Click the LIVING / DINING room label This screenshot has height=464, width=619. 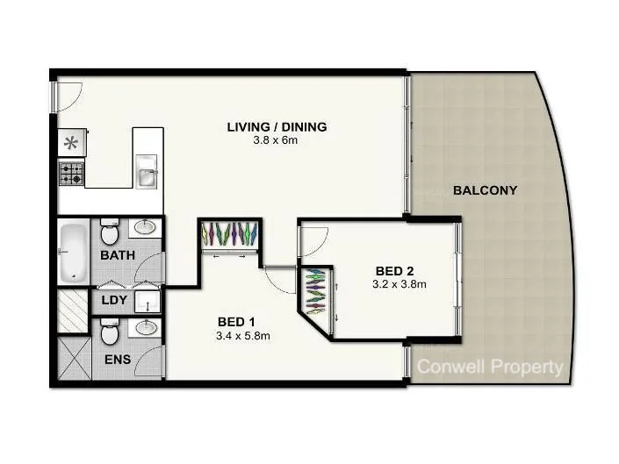point(277,127)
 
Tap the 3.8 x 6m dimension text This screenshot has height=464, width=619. point(277,140)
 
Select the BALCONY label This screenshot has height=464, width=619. point(485,189)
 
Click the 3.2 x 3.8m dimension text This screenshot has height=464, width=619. point(399,284)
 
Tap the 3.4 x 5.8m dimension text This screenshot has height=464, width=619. point(242,335)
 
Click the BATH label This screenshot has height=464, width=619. point(117,256)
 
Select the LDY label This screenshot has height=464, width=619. point(113,302)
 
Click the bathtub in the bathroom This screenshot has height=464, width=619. point(73,253)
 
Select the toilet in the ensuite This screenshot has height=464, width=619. point(110,332)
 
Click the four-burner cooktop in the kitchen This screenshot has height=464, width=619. point(71,173)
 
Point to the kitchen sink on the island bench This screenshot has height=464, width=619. point(148,174)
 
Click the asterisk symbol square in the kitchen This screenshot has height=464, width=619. point(71,143)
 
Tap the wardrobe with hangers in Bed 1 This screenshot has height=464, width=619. point(228,236)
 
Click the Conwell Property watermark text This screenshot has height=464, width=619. point(489,368)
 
